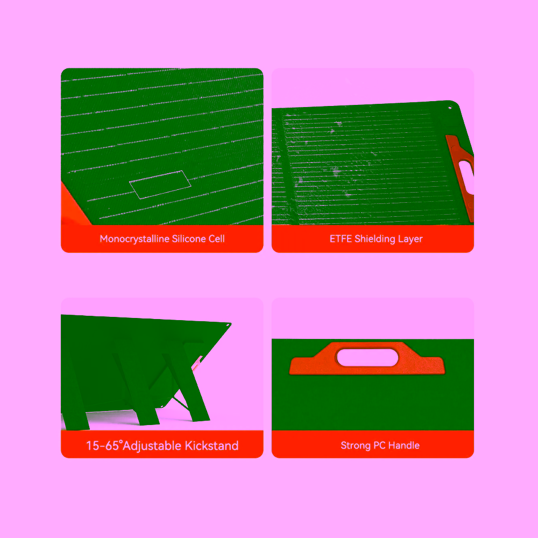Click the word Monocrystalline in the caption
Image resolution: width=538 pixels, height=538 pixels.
(x=134, y=239)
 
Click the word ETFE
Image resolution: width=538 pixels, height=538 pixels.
(x=341, y=238)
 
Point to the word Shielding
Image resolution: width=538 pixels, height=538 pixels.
(x=374, y=239)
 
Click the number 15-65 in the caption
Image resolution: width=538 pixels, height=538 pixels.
(x=102, y=445)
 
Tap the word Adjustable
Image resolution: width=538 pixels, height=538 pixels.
(x=152, y=446)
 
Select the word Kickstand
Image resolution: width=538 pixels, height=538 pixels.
(x=211, y=445)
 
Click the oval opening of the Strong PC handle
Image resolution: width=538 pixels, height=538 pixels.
(x=367, y=358)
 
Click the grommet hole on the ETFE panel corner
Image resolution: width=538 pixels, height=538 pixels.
(x=450, y=108)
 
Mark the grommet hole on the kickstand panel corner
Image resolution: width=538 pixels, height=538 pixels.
(x=228, y=325)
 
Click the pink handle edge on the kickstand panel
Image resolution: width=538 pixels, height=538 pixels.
(x=197, y=363)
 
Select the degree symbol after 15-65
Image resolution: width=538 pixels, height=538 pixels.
(x=121, y=442)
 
